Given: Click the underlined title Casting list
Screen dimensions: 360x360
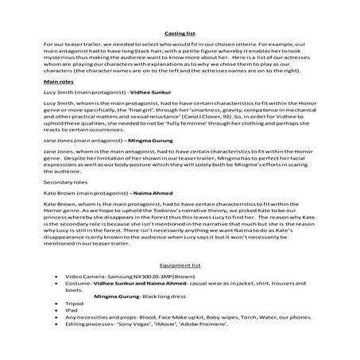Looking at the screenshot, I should point(180,33).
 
